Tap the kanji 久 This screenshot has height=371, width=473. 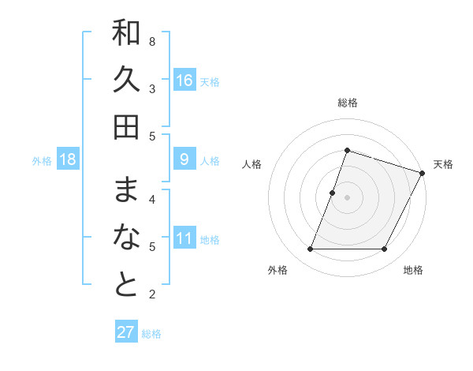[126, 81]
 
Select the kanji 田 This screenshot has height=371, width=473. [126, 127]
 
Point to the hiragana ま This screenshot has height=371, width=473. [126, 190]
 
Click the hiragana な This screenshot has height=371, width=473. [126, 238]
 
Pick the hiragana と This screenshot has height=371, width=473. [126, 285]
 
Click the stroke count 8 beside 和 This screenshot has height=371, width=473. [152, 41]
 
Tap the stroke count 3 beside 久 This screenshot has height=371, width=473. [152, 88]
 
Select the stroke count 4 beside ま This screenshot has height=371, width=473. [152, 199]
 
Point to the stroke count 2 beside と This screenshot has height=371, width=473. [152, 294]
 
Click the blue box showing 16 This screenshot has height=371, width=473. [184, 81]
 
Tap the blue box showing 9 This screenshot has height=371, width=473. [184, 160]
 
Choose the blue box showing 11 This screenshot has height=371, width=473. [184, 239]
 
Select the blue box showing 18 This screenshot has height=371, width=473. [68, 160]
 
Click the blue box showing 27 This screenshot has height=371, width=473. [126, 332]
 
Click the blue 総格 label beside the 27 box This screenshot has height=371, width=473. [151, 334]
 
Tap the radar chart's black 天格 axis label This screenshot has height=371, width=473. [443, 164]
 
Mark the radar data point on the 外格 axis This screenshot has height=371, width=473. [311, 249]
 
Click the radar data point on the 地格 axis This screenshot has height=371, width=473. [385, 249]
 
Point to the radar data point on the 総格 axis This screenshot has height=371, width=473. [347, 150]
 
